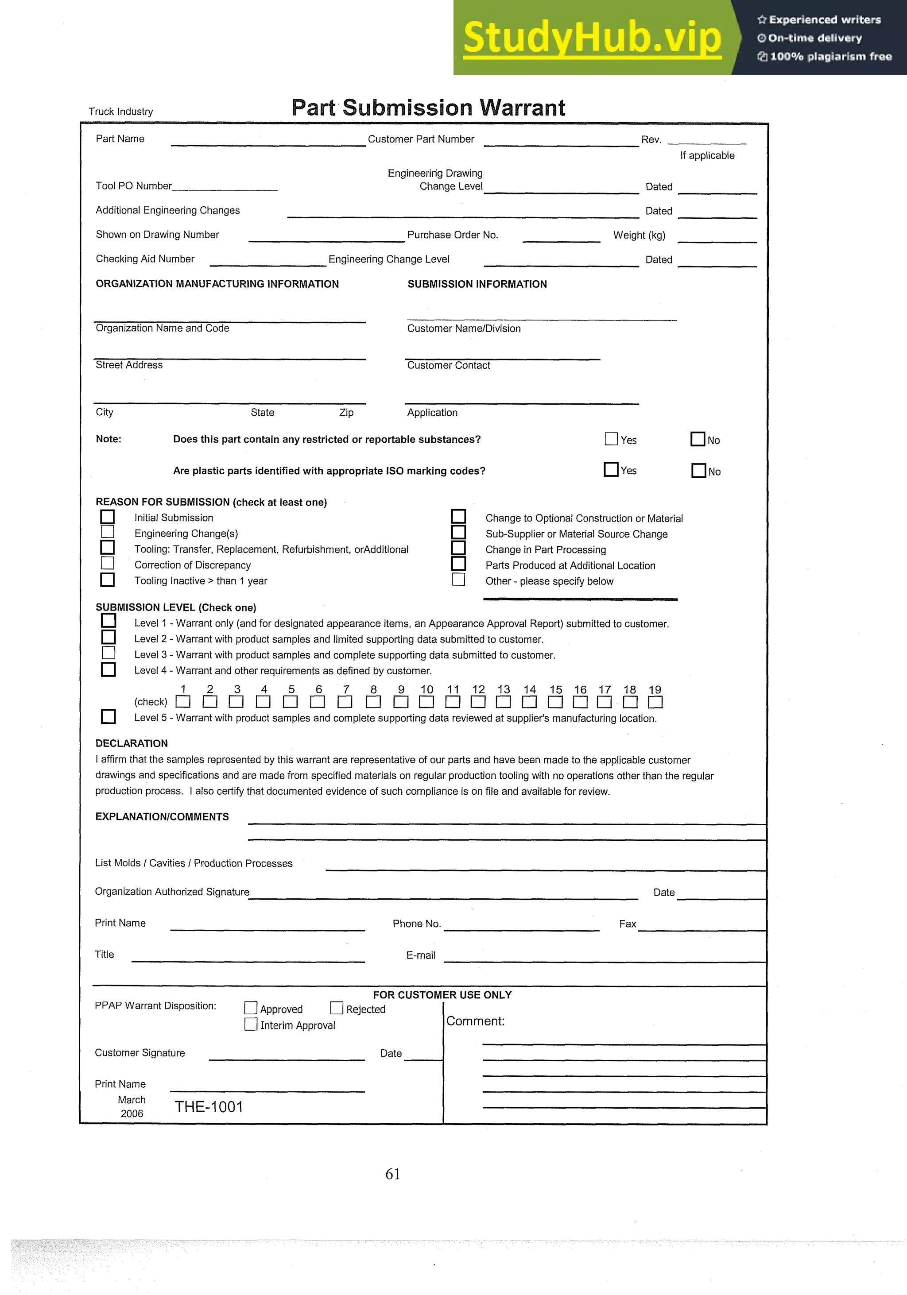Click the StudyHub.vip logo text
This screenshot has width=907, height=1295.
click(592, 39)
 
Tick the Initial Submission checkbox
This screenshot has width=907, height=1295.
click(107, 517)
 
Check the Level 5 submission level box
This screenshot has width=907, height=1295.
click(109, 716)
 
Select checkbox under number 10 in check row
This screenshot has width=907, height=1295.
click(426, 702)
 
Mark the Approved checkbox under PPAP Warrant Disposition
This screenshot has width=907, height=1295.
click(251, 1008)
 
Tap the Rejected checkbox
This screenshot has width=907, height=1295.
click(337, 1008)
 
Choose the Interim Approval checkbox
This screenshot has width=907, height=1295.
click(251, 1024)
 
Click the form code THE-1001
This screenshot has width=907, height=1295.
click(209, 1106)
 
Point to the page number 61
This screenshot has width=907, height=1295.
click(392, 1174)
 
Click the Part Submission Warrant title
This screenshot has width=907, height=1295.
click(428, 108)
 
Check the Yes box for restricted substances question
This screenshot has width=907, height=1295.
click(611, 439)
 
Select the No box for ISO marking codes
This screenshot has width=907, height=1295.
click(698, 470)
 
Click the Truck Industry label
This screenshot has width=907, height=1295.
click(121, 112)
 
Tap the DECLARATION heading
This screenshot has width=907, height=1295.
click(132, 743)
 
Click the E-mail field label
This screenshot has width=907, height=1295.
click(421, 955)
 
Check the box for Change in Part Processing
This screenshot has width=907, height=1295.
click(458, 548)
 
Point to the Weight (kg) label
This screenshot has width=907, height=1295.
click(639, 235)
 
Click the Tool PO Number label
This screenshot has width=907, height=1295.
click(134, 186)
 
